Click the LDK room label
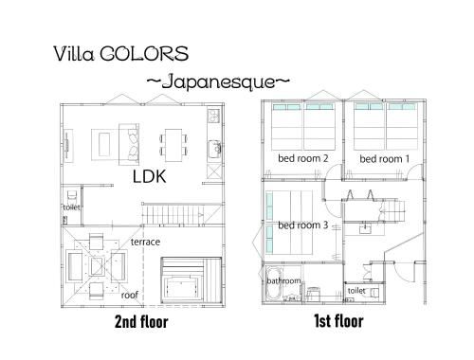pos(149,176)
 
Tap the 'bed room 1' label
pos(385,158)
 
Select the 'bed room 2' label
pos(303,158)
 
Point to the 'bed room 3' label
pos(303,225)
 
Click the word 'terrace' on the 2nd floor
pos(145,242)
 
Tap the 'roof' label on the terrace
pos(130,295)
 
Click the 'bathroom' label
pos(283,280)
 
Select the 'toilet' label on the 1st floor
pos(356,290)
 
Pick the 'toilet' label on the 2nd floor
pos(71,207)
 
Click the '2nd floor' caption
pos(141,321)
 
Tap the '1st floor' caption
pos(338,321)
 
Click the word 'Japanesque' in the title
pos(218,81)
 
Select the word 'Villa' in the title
pos(74,54)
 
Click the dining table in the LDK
pos(173,145)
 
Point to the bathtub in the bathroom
pos(274,283)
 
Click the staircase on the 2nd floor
pos(182,214)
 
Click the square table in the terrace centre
pos(97,266)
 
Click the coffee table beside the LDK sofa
pos(104,145)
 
